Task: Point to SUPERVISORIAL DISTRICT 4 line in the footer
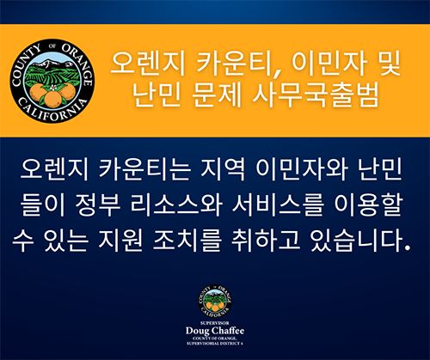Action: pyautogui.click(x=214, y=342)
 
